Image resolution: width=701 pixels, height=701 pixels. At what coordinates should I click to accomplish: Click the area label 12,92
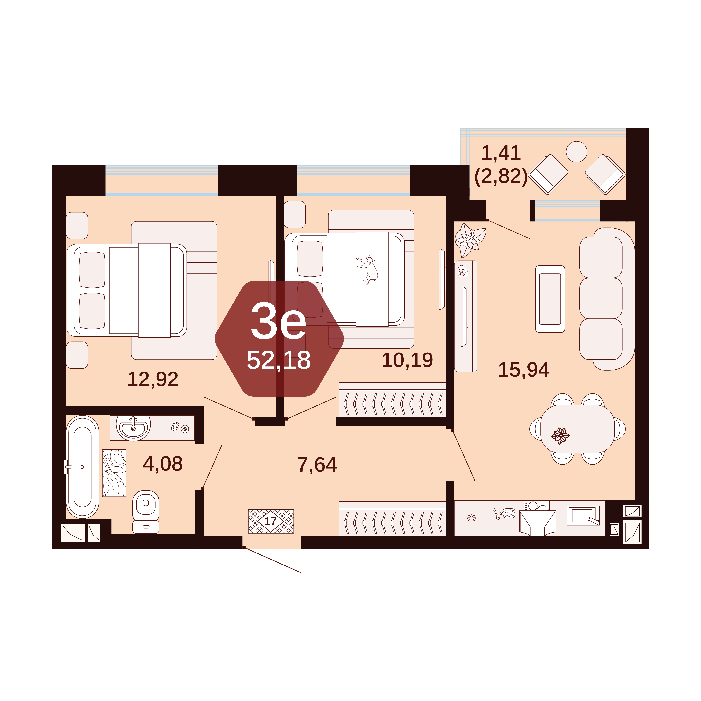(x=153, y=379)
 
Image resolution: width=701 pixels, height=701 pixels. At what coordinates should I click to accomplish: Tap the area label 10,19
(x=408, y=360)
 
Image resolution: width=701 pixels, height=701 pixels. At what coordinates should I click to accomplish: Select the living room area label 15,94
(x=524, y=370)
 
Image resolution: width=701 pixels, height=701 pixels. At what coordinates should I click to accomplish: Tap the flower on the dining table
(x=560, y=436)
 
